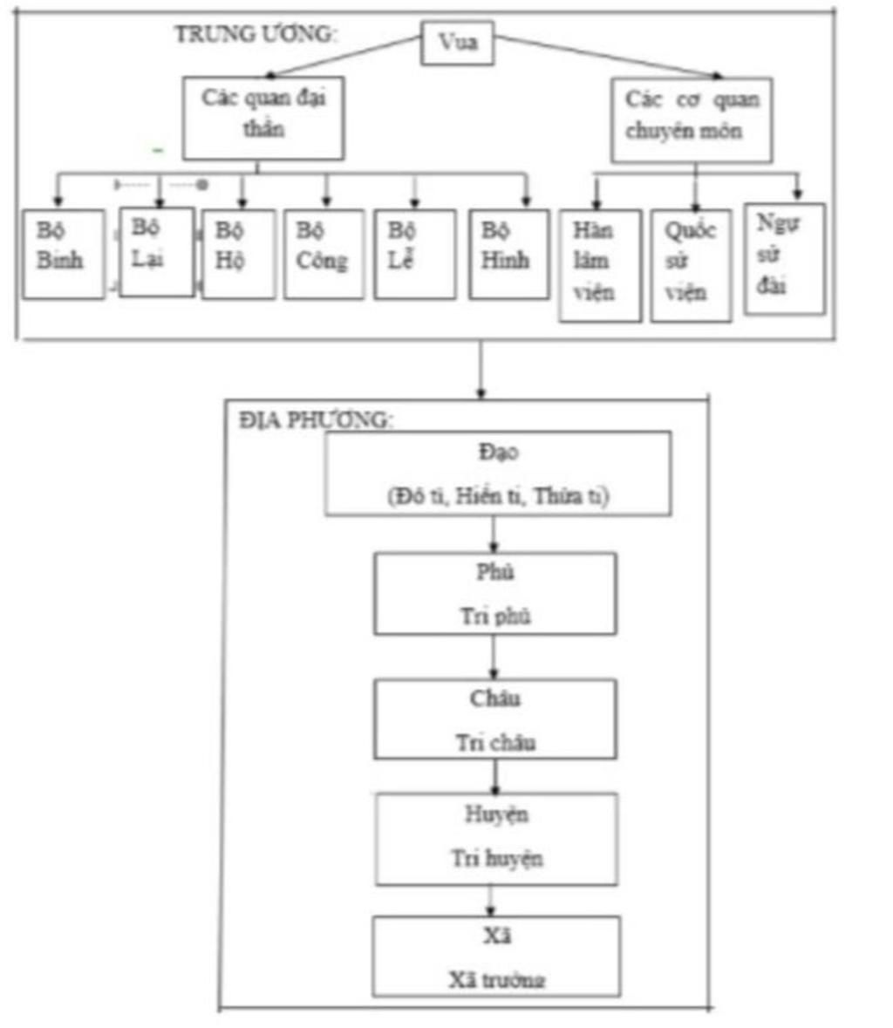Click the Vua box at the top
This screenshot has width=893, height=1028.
coord(457,42)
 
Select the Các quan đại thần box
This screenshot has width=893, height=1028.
coord(262,118)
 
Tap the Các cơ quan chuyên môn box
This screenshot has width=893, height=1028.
coord(691,119)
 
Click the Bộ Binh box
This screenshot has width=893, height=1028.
coord(63,254)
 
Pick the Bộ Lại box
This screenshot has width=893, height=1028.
coord(156,251)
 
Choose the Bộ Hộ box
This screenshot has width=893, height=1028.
coord(238,254)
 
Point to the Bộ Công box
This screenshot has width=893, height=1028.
coord(324,254)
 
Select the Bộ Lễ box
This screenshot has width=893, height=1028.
coord(414,254)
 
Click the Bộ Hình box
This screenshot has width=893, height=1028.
coord(508,254)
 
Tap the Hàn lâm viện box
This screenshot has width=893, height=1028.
coord(599,265)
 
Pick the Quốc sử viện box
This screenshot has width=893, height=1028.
coord(691,265)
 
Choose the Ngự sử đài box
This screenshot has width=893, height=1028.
coord(784,258)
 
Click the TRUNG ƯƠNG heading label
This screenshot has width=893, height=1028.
coord(255,34)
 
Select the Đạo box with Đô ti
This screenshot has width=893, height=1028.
coord(498,473)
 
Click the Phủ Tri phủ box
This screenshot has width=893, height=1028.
coord(495,593)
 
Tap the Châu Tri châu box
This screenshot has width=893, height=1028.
coord(495,719)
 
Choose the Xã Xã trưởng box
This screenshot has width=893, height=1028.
coord(496,956)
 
